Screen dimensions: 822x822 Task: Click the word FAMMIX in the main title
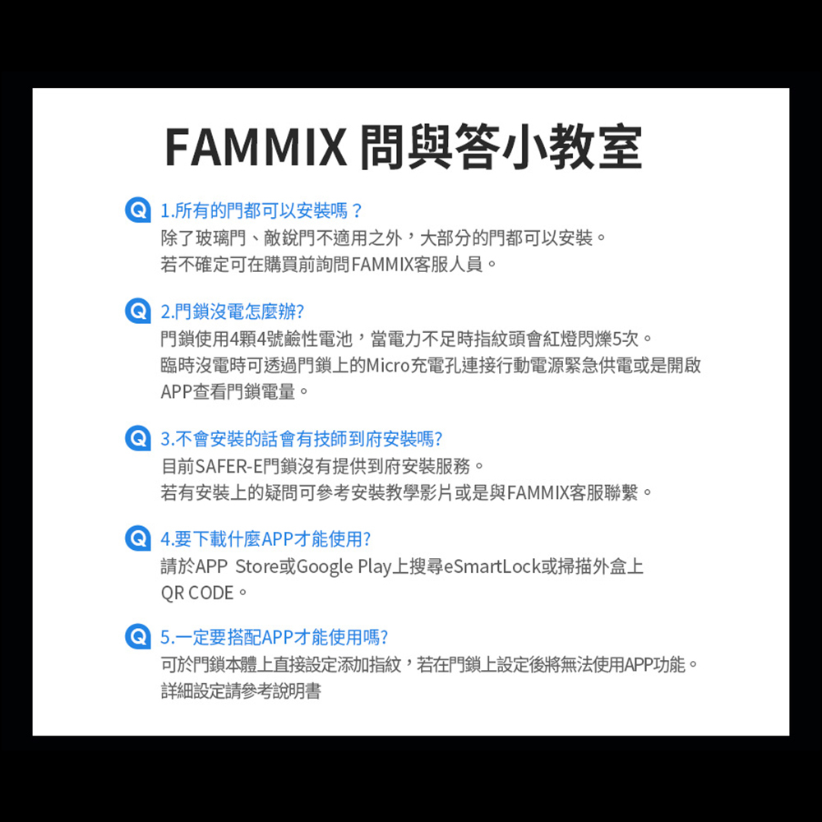[x=256, y=147]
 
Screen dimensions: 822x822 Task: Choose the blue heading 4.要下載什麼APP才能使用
[x=266, y=540]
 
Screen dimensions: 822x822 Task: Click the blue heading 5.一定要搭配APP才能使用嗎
[x=275, y=637]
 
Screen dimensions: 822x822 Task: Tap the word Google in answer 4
[x=325, y=566]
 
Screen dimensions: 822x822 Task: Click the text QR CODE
[x=197, y=593]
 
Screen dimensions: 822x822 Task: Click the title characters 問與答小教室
[x=501, y=147]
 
